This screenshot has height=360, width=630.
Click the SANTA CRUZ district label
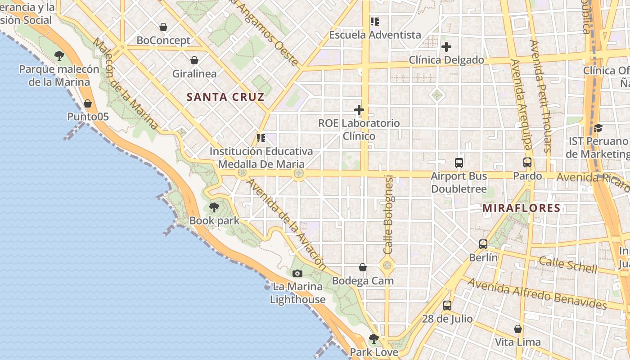(225, 97)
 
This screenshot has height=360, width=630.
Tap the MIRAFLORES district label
(521, 208)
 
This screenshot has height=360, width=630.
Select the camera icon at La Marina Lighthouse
(297, 273)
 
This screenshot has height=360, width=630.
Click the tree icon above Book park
(214, 207)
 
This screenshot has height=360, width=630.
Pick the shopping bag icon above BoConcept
(163, 27)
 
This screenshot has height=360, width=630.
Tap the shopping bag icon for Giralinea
(194, 60)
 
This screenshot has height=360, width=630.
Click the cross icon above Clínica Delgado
(446, 47)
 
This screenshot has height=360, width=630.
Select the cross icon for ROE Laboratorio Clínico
(359, 110)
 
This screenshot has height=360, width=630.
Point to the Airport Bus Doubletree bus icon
(459, 163)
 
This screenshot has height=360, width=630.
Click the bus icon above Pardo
(527, 162)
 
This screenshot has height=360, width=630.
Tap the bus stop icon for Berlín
(483, 244)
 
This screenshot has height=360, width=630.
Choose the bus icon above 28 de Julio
(447, 306)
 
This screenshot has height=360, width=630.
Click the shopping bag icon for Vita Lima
(518, 329)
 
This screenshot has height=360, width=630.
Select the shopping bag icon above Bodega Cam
(363, 268)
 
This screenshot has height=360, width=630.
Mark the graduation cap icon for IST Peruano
(598, 128)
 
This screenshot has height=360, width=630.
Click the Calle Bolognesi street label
(388, 215)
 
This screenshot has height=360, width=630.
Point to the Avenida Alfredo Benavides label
(537, 294)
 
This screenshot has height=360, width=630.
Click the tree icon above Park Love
(373, 338)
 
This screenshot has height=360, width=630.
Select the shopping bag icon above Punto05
(88, 104)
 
